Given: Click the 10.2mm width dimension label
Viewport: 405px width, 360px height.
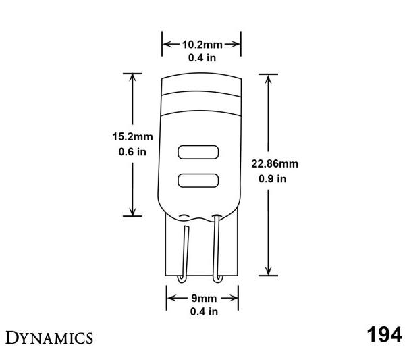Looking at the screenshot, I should [202, 44].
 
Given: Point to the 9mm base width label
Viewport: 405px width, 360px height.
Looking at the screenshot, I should [202, 297].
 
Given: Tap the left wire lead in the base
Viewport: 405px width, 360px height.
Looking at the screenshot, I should [184, 250].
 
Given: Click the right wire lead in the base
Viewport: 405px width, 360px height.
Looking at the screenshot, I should [218, 250].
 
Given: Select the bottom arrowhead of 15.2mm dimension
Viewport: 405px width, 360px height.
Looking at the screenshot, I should [132, 211].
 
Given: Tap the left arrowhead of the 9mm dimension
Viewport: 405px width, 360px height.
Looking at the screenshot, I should [169, 297].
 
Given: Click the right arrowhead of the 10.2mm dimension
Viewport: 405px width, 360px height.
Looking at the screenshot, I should [237, 44].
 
